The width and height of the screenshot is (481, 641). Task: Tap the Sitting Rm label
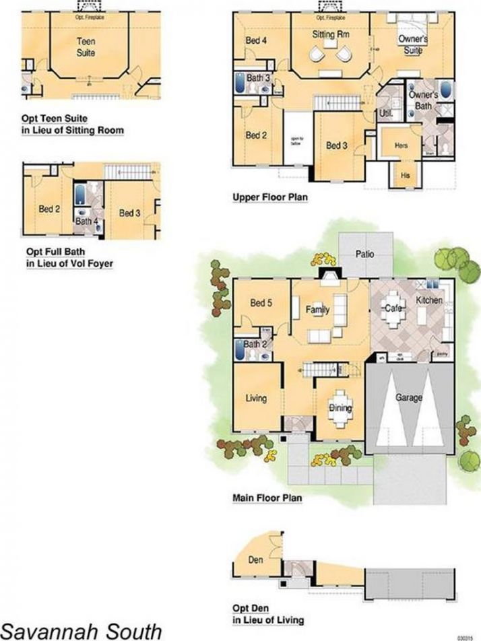(x=329, y=34)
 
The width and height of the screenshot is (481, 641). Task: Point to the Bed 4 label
(x=256, y=41)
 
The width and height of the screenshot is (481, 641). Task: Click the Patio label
(x=364, y=254)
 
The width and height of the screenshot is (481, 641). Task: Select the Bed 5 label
(x=260, y=303)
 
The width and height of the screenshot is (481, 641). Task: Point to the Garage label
(x=409, y=398)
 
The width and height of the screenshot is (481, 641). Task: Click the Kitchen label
(x=429, y=300)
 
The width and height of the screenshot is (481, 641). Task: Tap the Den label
(x=255, y=560)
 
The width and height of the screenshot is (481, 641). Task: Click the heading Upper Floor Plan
(x=265, y=197)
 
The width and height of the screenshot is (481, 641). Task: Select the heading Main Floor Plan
(x=266, y=498)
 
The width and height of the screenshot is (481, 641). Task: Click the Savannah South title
(x=82, y=630)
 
